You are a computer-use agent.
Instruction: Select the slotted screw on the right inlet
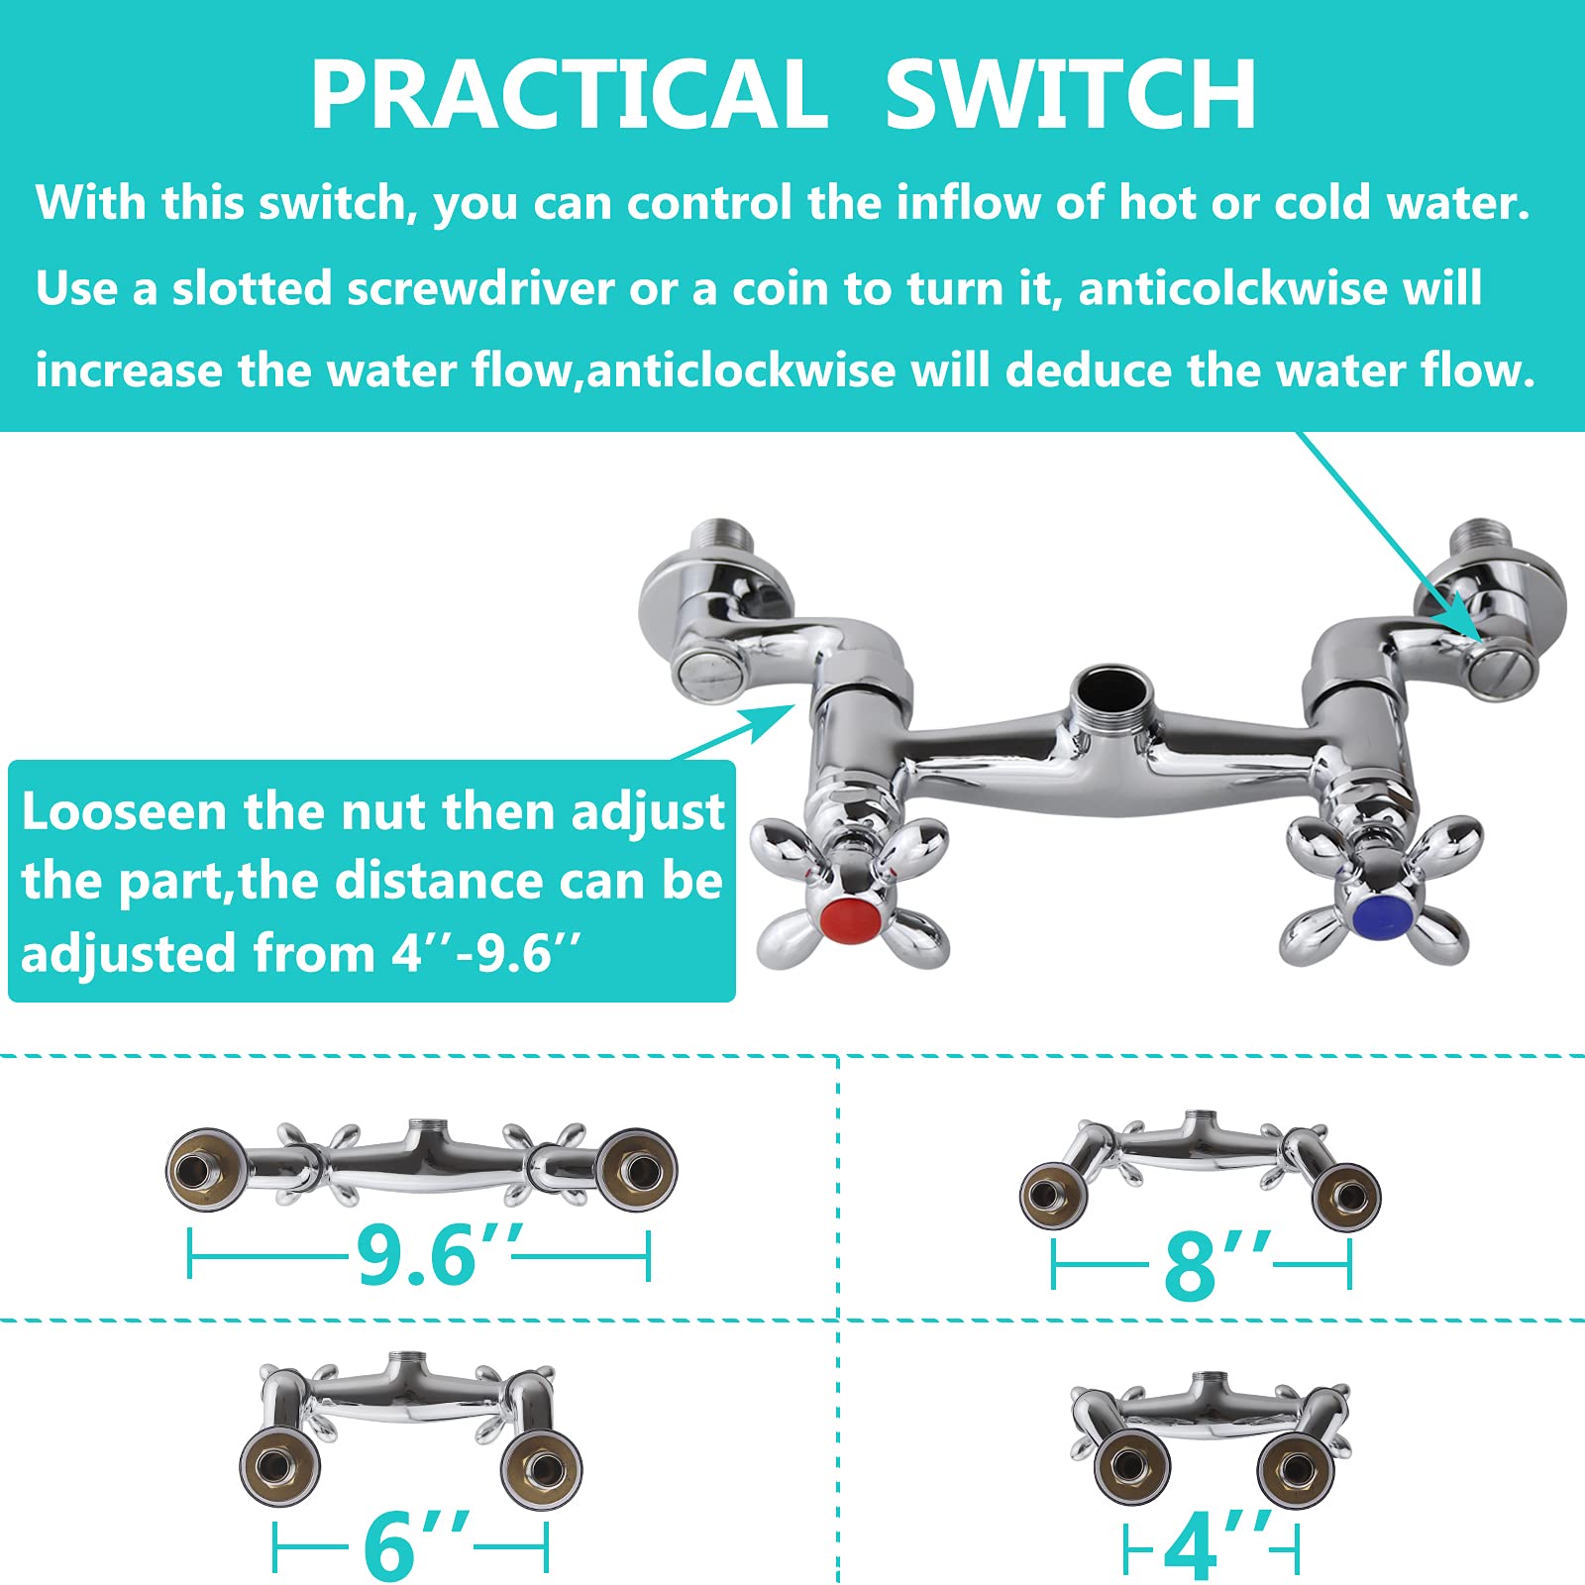[1501, 674]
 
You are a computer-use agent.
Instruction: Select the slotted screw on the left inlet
[705, 670]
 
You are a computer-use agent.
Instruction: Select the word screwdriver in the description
[480, 289]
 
